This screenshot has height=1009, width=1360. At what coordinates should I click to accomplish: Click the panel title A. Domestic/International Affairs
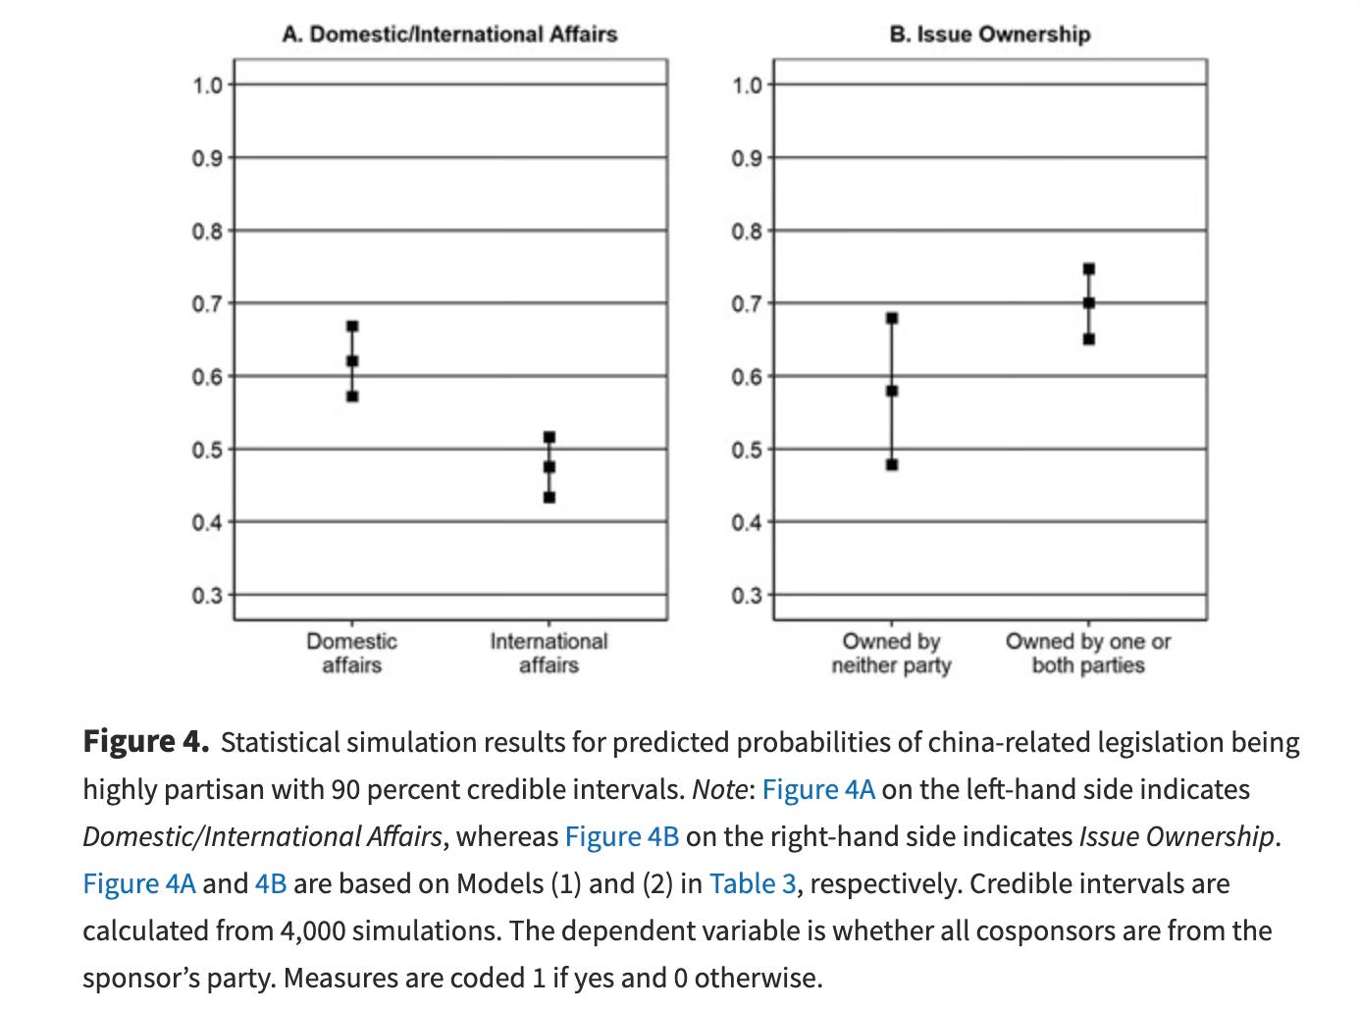point(449,34)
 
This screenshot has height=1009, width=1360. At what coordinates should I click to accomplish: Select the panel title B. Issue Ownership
point(989,34)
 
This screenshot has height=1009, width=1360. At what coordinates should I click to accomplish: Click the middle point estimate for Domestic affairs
point(352,361)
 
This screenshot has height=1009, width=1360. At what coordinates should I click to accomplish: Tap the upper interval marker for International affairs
point(549,437)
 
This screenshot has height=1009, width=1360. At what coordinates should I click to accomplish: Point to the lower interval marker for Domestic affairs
point(352,397)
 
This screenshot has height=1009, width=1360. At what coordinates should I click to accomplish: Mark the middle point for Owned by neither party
point(892,391)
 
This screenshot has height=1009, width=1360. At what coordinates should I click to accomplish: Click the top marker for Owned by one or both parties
point(1089,269)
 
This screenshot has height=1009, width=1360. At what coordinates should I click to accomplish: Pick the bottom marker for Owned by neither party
point(892,464)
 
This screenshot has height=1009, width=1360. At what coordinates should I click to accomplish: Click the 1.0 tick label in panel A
point(207,85)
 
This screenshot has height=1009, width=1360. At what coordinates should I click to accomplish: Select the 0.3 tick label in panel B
point(747,596)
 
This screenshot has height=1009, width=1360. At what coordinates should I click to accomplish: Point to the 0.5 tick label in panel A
point(207,450)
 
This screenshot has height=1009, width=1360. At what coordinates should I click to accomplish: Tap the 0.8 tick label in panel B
point(747,232)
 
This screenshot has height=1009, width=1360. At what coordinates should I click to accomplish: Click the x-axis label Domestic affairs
point(351,654)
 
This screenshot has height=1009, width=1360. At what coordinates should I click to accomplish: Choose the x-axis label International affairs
point(549,654)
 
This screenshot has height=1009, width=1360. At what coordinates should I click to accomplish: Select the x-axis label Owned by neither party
point(891,654)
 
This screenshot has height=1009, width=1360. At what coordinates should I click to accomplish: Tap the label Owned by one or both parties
point(1088,654)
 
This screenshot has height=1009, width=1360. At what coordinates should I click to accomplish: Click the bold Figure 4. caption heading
point(145,741)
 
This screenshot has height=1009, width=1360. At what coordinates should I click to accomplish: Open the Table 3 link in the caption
point(752,883)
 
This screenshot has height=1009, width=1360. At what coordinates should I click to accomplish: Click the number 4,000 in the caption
point(312,930)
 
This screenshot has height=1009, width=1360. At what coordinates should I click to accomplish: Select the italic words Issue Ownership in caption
point(1177,836)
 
